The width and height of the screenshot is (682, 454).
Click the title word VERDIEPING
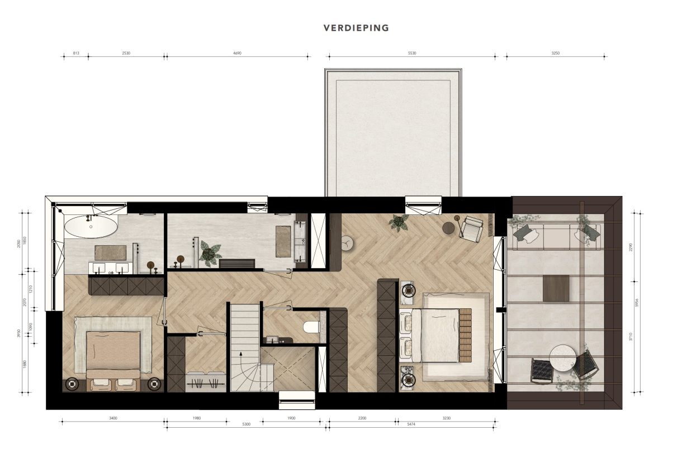click(356, 28)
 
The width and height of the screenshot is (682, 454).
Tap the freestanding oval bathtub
click(91, 227)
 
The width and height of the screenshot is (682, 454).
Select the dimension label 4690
click(237, 53)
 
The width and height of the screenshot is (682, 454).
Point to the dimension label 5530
click(412, 53)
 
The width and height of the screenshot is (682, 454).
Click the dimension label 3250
click(555, 53)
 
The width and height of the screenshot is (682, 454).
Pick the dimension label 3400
click(113, 418)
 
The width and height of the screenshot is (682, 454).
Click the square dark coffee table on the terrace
click(556, 288)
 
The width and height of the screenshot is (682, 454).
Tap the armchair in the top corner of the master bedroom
click(472, 228)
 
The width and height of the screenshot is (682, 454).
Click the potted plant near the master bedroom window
click(399, 222)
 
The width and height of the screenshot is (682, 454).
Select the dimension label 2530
click(126, 53)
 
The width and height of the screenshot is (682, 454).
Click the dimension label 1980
click(196, 418)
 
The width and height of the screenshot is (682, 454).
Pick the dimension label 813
click(76, 53)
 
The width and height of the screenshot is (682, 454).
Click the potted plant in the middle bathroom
click(211, 253)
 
